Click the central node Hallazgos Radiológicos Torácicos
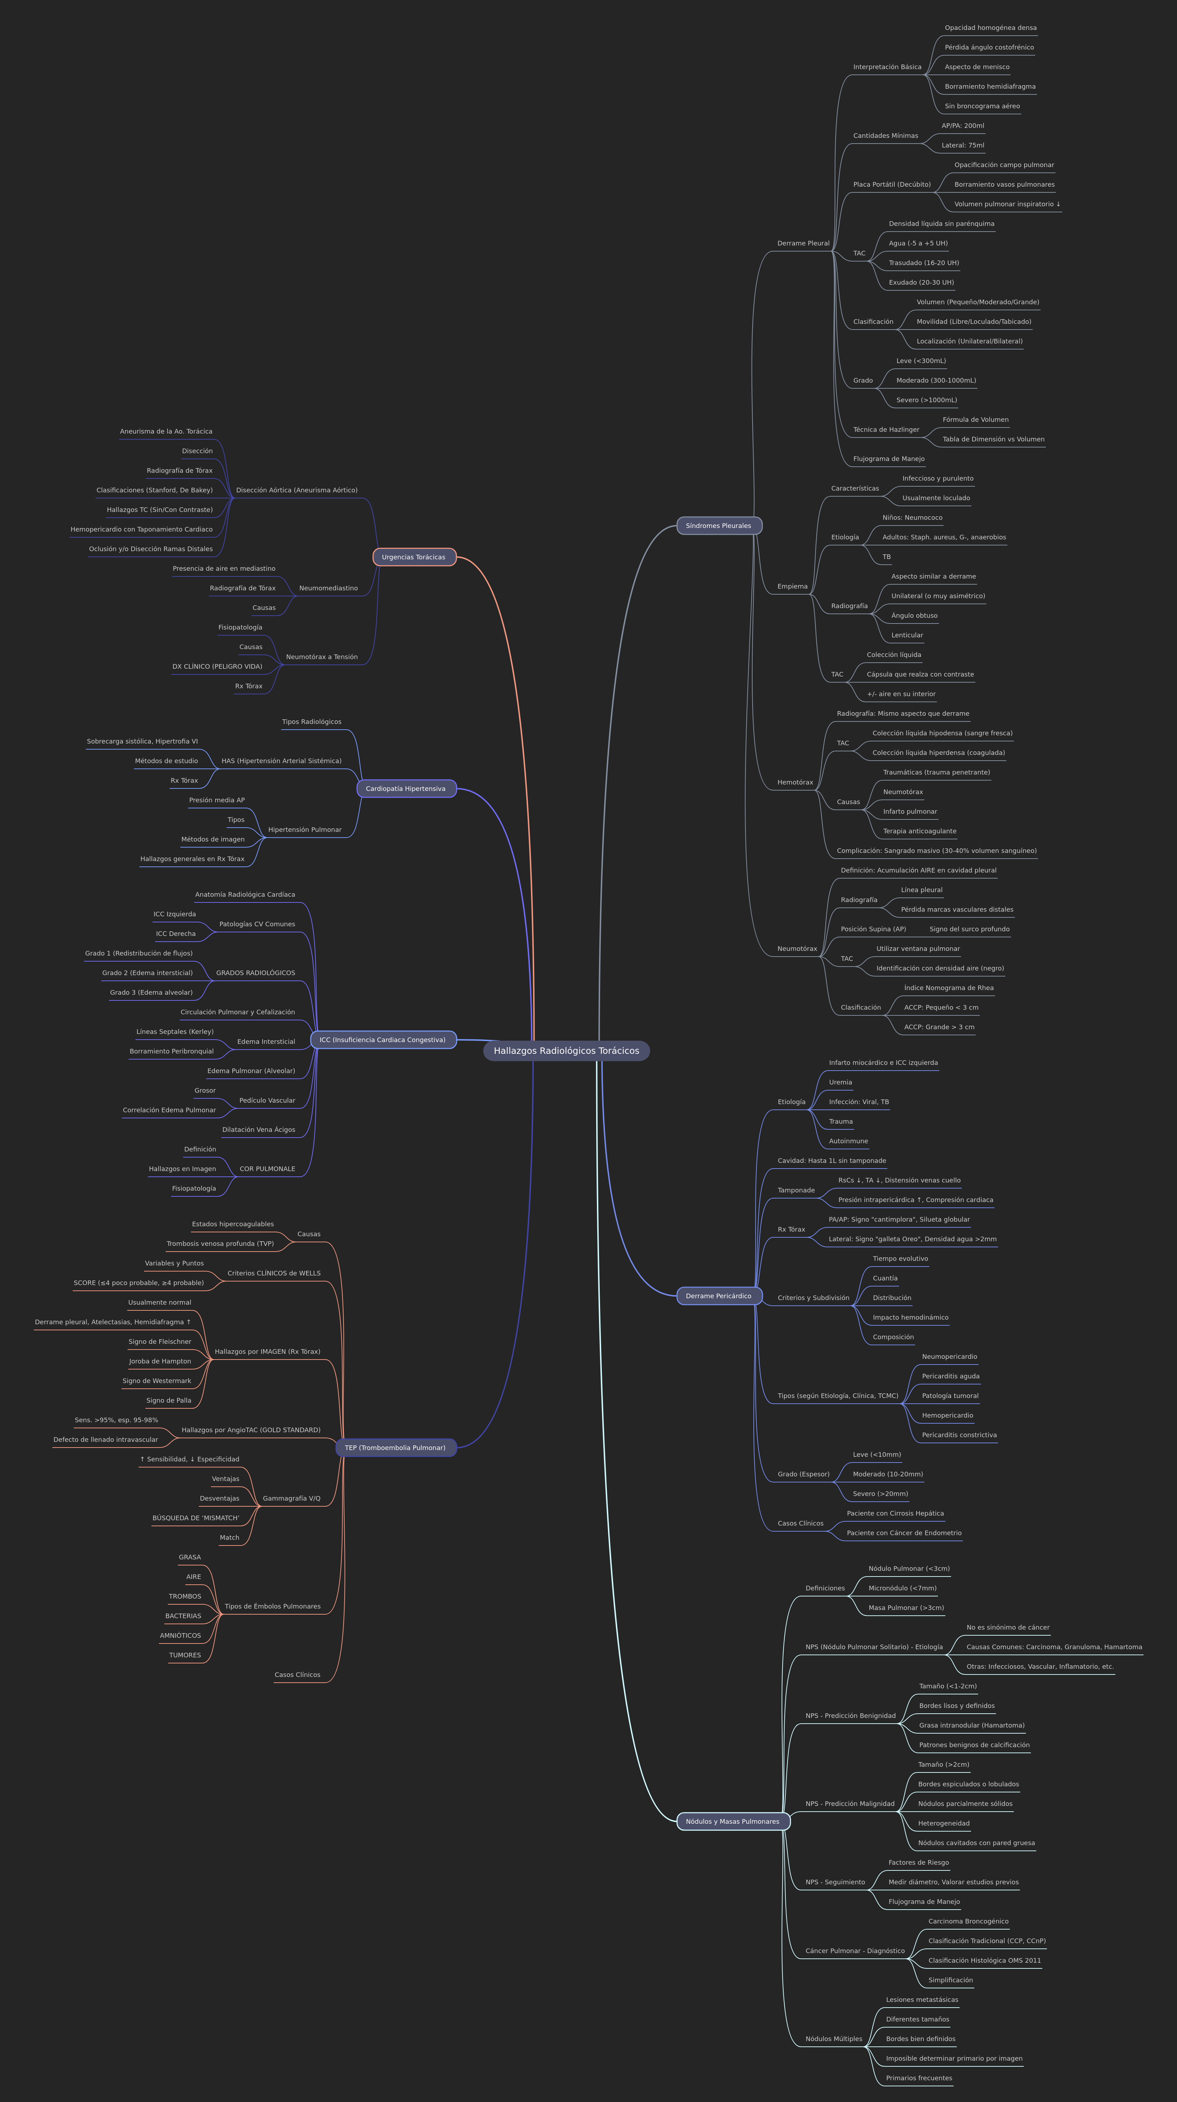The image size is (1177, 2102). (x=567, y=1051)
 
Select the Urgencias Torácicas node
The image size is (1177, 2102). (x=414, y=557)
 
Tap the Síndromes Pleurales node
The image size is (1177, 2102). (x=718, y=526)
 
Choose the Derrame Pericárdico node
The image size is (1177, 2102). (x=718, y=1296)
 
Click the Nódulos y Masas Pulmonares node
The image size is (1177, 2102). (x=732, y=1821)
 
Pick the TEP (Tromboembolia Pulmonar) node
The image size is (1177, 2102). (x=395, y=1448)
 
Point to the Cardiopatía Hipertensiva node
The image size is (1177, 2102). (x=406, y=789)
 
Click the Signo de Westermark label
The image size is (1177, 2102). (x=157, y=1381)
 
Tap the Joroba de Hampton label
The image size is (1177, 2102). (x=160, y=1361)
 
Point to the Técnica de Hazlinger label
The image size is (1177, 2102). (x=886, y=430)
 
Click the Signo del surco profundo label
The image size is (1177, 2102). (x=969, y=930)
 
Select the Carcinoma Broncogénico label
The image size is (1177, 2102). (x=968, y=1922)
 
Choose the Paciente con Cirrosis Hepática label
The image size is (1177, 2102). (x=894, y=1514)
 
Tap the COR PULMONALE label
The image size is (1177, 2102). (x=267, y=1169)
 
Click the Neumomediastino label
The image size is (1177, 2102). (x=328, y=588)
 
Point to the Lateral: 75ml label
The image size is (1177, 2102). (x=962, y=145)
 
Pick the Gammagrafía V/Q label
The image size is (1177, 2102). (x=291, y=1498)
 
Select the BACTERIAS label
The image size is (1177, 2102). (x=183, y=1616)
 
